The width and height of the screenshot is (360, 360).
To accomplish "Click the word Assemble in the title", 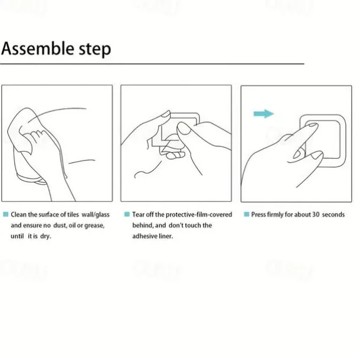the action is (38, 48).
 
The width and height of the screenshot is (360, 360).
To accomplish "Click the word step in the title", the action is (95, 50).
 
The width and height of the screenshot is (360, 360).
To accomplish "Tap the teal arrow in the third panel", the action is (264, 114).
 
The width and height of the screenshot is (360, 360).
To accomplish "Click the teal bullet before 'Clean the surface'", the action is (6, 214).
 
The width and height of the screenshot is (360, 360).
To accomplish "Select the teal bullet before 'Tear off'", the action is (127, 214).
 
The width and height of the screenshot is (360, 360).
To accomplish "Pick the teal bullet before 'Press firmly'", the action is (247, 214).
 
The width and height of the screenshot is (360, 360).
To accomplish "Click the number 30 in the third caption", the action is (316, 214).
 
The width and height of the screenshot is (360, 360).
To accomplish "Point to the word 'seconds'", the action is (333, 215).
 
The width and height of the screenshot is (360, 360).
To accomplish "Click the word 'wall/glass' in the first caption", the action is (96, 215).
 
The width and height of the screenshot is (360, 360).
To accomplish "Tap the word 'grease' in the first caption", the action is (94, 225).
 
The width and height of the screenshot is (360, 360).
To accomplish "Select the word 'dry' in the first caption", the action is (45, 236).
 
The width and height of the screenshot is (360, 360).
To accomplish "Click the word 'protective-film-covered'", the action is (199, 215).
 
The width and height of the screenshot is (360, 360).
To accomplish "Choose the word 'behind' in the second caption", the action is (143, 225).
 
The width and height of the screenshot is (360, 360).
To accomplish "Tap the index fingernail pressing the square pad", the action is (312, 125).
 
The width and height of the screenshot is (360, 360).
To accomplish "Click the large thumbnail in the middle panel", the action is (184, 128).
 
